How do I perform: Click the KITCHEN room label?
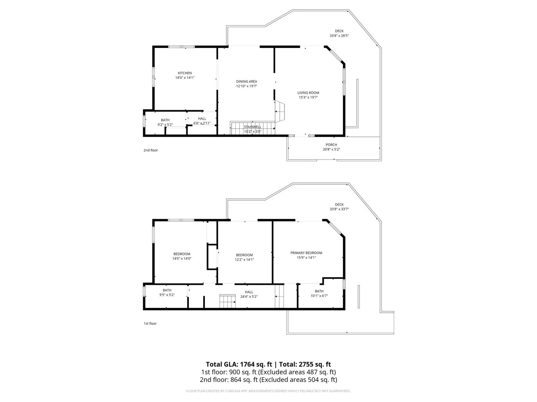click(x=185, y=73)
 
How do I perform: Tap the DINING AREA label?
click(x=246, y=82)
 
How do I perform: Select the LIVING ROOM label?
click(x=308, y=93)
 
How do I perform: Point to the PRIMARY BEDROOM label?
click(x=306, y=253)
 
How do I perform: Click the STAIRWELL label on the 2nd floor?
click(x=252, y=127)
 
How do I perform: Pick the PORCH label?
click(x=331, y=145)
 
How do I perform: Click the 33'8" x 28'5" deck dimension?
click(x=339, y=36)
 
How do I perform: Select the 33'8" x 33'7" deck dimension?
click(x=339, y=209)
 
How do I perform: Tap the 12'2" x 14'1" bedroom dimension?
click(x=244, y=260)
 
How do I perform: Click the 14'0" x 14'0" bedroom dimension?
click(x=182, y=258)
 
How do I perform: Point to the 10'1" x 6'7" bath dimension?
click(x=319, y=296)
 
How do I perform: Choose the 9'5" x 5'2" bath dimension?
click(x=167, y=295)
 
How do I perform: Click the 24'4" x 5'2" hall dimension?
click(x=249, y=297)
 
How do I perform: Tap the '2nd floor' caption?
click(x=150, y=150)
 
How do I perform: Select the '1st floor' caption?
click(x=150, y=324)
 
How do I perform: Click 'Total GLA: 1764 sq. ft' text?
click(x=239, y=364)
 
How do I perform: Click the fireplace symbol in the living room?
click(x=280, y=111)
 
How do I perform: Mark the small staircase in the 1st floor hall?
click(x=227, y=301)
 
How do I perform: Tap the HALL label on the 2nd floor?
click(x=202, y=119)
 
